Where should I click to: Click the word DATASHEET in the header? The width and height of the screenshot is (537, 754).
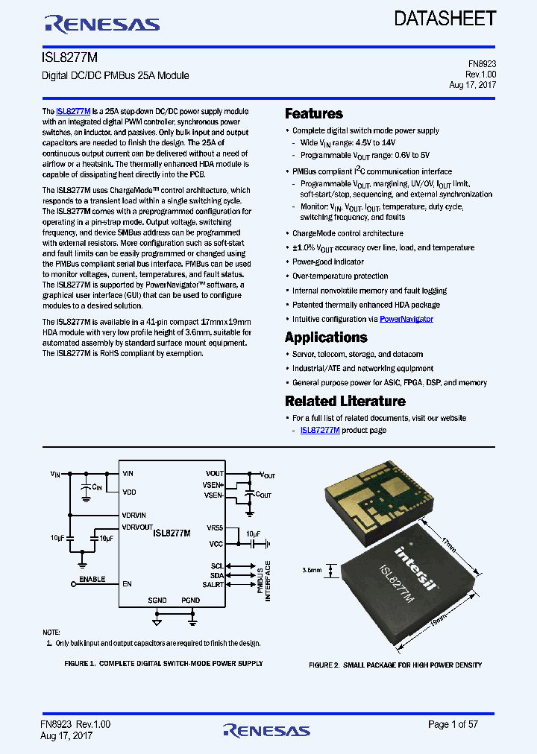point(445,19)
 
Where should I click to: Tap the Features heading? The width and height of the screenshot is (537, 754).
point(314,114)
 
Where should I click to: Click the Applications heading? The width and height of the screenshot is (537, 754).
point(326,338)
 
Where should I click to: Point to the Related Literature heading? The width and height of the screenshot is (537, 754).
point(345,401)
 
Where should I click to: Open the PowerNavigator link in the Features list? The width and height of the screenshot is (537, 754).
point(406,319)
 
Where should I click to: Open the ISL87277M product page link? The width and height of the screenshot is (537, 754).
point(320,430)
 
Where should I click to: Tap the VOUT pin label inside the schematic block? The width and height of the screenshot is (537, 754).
point(214,474)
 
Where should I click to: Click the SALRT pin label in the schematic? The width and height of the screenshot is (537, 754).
point(213,585)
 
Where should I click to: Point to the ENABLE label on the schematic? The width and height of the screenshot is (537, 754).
point(92,579)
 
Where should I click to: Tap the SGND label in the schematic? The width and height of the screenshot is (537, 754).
point(157,600)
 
